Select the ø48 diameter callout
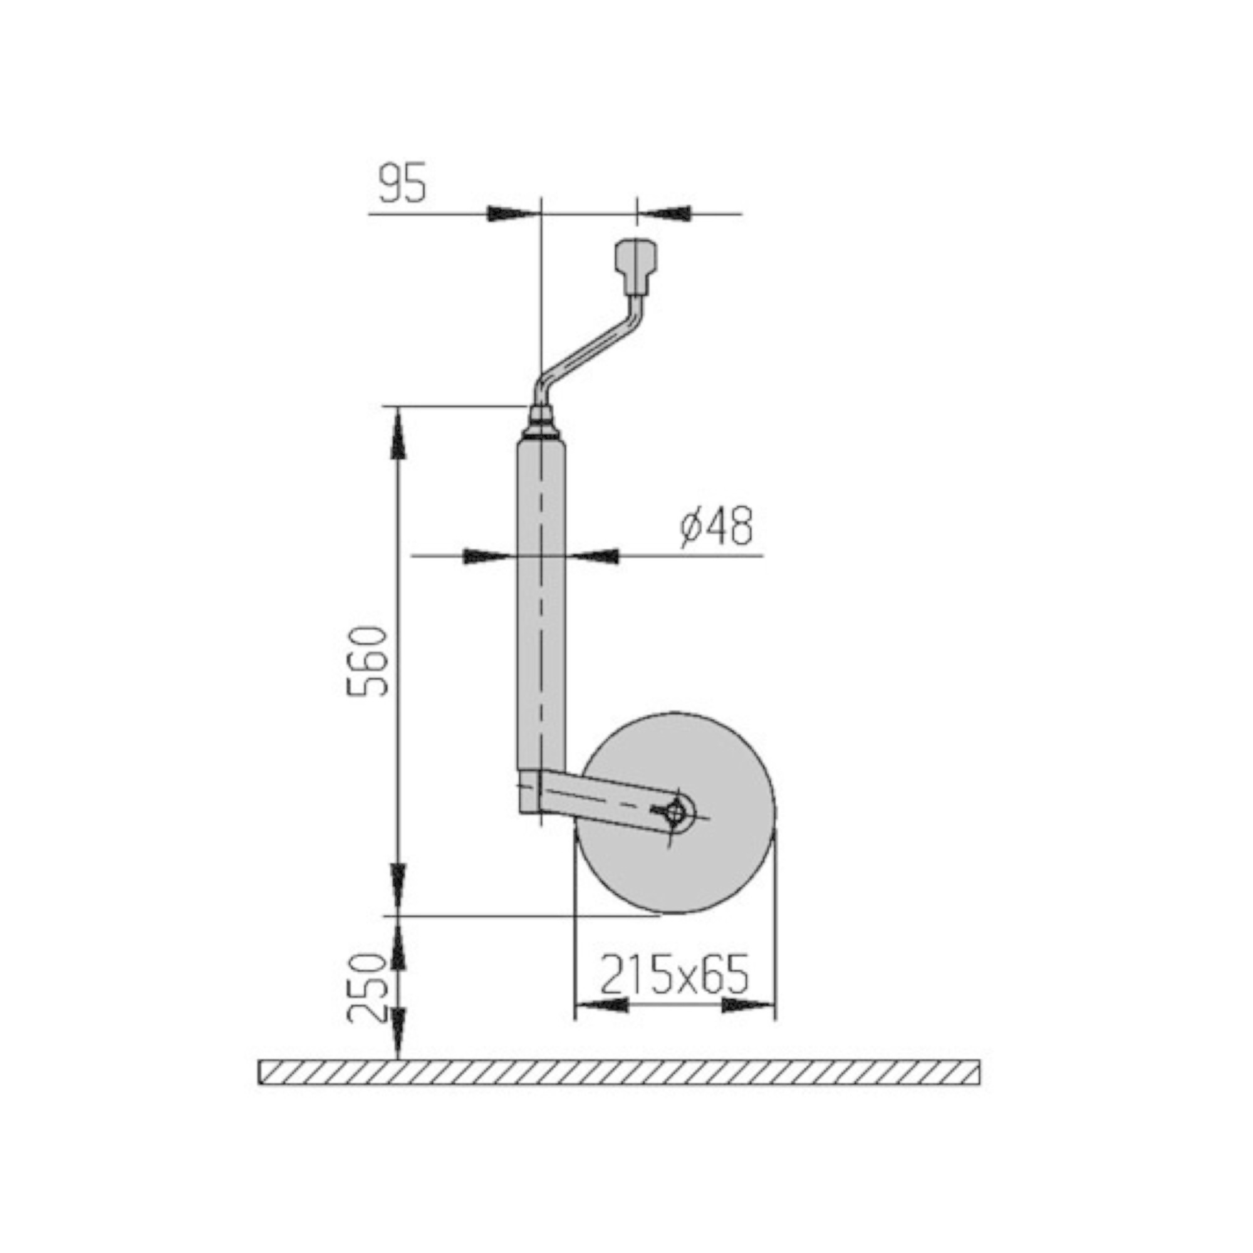pos(716,527)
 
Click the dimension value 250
pos(367,988)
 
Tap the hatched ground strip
pos(620,1072)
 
